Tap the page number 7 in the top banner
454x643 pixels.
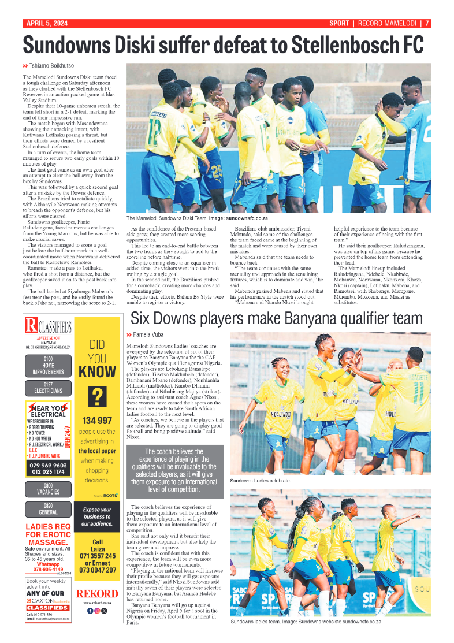[427, 24]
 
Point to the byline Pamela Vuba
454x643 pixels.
[149, 335]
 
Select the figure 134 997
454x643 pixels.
[98, 421]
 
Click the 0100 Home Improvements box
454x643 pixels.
[48, 366]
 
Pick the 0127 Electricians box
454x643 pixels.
[48, 388]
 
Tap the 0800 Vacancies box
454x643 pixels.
[48, 489]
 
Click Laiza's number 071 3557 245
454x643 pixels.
[98, 556]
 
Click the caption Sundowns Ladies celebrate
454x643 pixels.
[260, 481]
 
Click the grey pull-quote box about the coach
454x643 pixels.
[174, 471]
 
